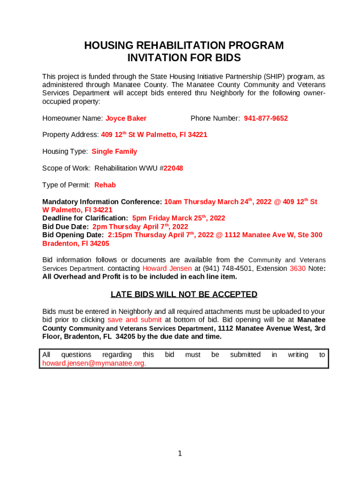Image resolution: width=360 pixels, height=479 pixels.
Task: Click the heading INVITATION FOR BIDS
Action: click(x=184, y=58)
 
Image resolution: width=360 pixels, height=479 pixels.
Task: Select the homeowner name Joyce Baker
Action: click(x=126, y=118)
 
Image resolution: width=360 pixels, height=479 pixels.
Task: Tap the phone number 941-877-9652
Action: click(x=266, y=118)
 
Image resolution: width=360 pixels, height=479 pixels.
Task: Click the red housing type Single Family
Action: click(x=115, y=152)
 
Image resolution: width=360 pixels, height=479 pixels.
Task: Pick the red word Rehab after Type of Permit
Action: click(x=105, y=185)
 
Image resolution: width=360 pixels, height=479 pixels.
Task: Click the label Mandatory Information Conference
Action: click(x=102, y=202)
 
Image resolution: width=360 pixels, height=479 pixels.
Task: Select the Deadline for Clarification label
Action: click(x=85, y=218)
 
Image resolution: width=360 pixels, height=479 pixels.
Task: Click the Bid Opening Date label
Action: click(x=73, y=235)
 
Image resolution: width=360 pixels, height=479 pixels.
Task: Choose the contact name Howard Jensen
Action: click(x=167, y=269)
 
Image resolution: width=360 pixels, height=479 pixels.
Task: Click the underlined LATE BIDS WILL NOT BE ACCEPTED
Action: click(x=184, y=294)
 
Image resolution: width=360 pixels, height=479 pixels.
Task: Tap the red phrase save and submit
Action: click(x=135, y=320)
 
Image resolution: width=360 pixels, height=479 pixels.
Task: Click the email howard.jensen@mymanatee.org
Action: click(x=94, y=363)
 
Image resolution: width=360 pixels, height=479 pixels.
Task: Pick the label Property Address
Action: click(x=71, y=135)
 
